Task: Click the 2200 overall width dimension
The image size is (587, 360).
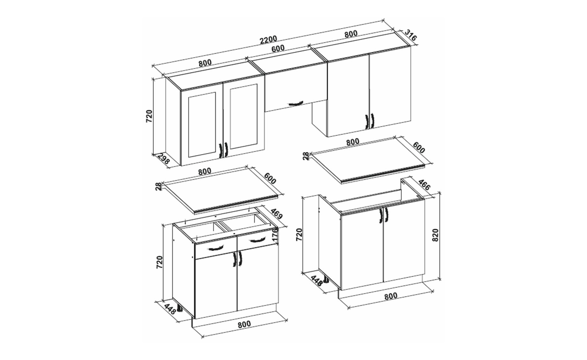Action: click(269, 40)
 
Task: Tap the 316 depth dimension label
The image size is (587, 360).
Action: click(411, 35)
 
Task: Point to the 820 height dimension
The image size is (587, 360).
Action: click(436, 235)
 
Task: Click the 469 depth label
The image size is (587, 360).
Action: click(277, 214)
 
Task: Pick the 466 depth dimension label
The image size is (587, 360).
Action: click(424, 185)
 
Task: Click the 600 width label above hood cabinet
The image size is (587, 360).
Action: click(278, 49)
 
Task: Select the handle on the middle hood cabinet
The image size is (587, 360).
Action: click(295, 104)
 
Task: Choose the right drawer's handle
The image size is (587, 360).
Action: click(257, 240)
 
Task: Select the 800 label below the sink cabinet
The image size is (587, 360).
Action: click(391, 296)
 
